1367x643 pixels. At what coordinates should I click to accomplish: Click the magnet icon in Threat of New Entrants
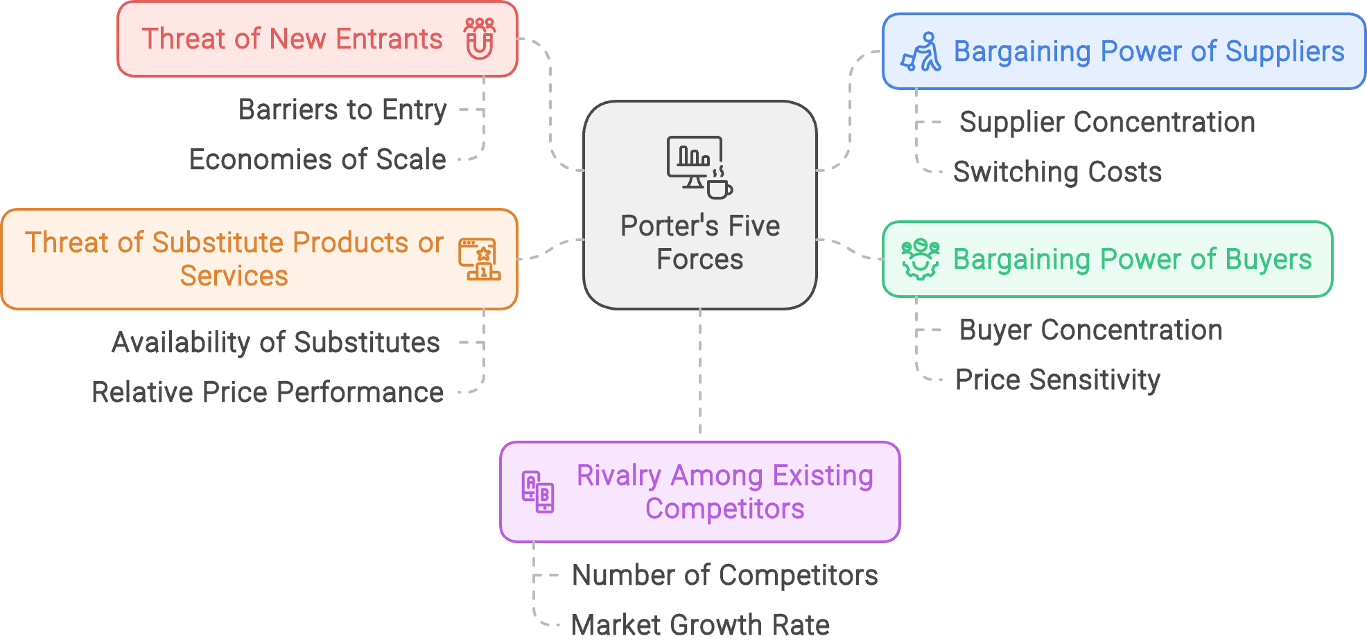tap(480, 39)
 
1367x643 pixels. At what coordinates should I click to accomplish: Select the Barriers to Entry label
tap(342, 109)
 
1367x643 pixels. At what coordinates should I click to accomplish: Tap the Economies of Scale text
tap(317, 159)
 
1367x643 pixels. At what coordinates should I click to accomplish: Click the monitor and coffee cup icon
tap(699, 167)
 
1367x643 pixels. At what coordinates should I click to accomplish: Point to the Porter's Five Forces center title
tap(699, 243)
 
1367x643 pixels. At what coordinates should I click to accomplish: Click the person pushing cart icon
tap(921, 52)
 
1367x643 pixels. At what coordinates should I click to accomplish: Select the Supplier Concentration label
tap(1107, 122)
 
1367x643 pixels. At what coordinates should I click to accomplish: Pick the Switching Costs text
tap(1057, 172)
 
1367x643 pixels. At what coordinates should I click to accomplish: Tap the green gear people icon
tap(920, 259)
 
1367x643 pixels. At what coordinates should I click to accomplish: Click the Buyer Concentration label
tap(1090, 330)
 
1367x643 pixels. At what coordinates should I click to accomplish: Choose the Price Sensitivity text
tap(1057, 380)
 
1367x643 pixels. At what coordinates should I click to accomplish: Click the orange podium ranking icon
tap(479, 259)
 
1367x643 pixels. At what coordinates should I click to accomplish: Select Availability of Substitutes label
tap(276, 342)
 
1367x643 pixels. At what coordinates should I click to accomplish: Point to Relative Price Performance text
tap(268, 392)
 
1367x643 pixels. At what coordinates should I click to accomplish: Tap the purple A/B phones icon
tap(538, 492)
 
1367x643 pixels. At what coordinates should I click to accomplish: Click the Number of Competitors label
tap(724, 575)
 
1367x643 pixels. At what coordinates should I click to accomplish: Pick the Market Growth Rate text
tap(700, 625)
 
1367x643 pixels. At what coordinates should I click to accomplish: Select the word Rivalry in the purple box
tap(618, 476)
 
